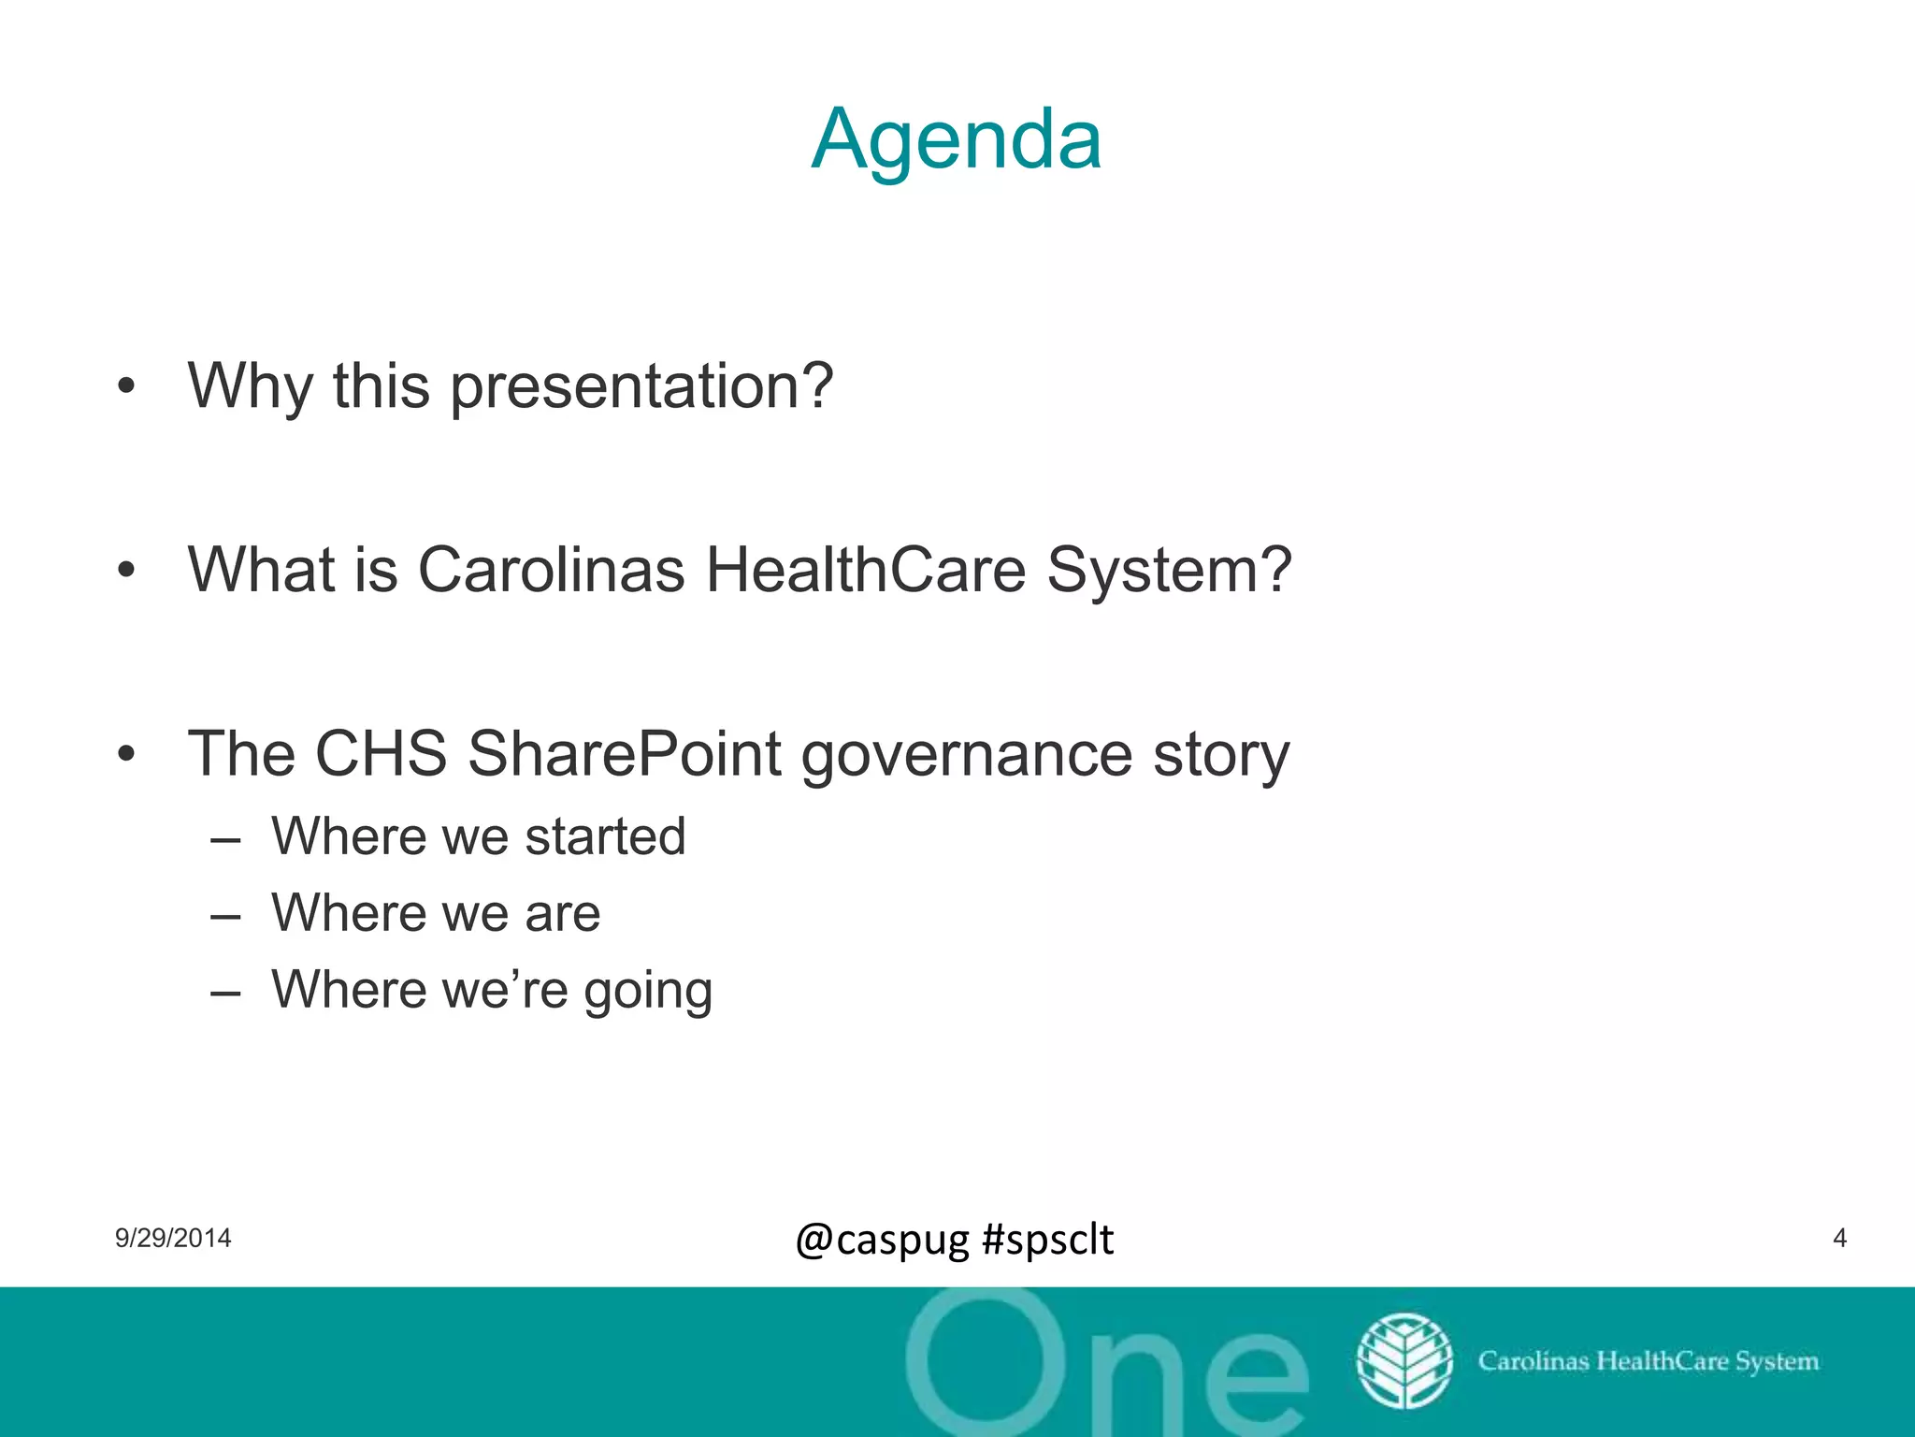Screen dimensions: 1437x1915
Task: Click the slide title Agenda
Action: [956, 140]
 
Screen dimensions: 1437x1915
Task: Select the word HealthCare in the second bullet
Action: [865, 570]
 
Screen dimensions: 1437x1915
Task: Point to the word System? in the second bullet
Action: [1169, 570]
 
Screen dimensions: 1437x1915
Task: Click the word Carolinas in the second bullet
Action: [551, 570]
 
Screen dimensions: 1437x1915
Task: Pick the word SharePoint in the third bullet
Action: [624, 754]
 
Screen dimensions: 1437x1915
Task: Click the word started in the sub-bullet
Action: [605, 836]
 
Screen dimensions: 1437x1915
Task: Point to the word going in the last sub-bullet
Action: [648, 992]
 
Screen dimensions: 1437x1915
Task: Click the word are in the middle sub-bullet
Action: [562, 914]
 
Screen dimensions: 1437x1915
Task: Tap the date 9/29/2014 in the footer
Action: [173, 1238]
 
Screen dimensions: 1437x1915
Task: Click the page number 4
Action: [1839, 1238]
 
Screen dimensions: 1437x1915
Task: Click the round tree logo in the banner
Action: [1404, 1361]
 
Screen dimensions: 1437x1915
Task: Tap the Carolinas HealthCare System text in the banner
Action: [1648, 1361]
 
